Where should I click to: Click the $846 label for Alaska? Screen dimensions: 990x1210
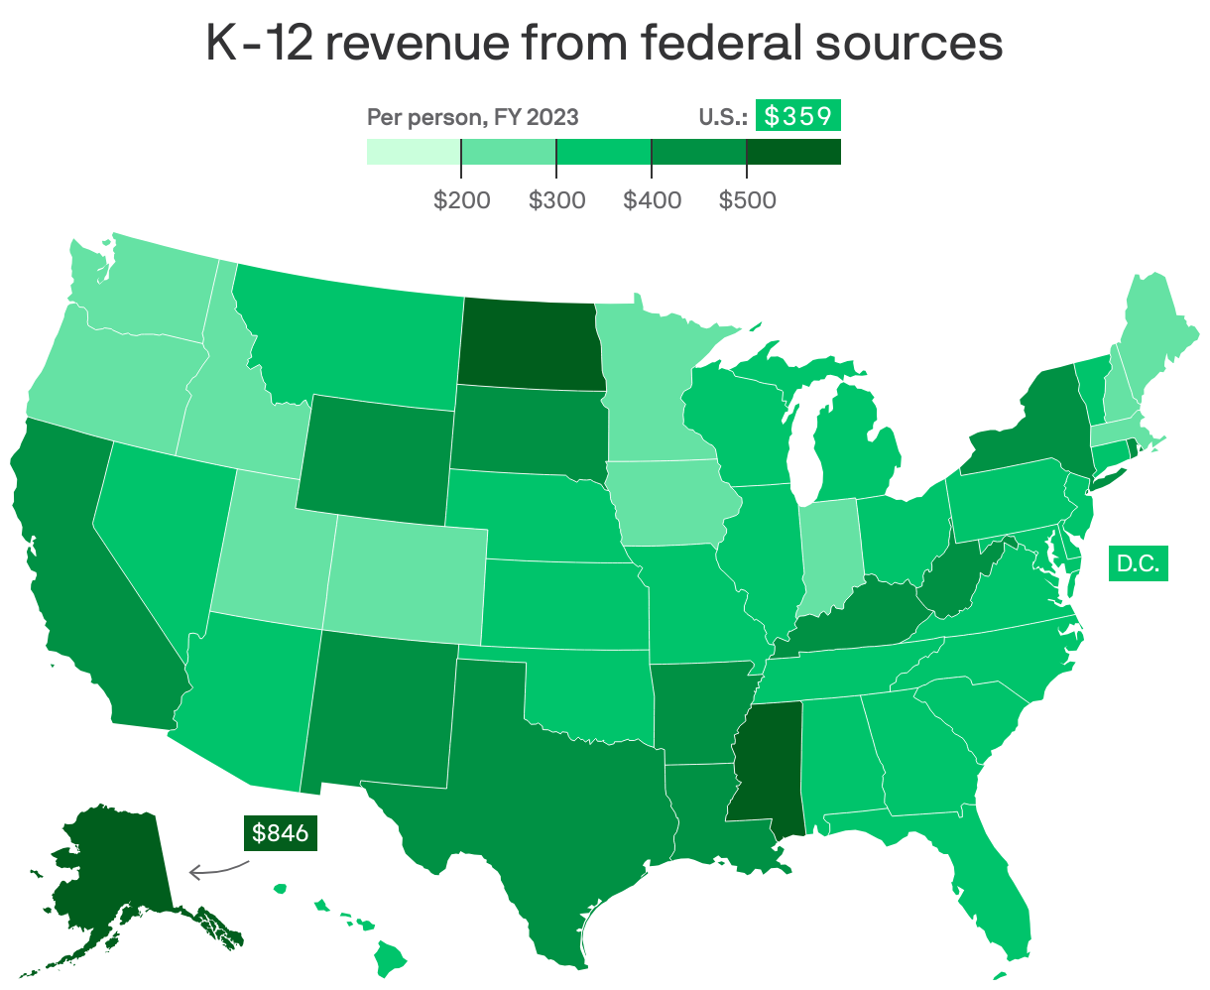[279, 833]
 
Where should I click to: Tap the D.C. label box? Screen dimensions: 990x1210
[1138, 563]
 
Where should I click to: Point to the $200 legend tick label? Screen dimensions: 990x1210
[461, 200]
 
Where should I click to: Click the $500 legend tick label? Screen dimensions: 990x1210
[747, 200]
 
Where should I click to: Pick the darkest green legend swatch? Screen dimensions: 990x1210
[792, 151]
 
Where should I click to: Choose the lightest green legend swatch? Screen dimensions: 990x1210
[414, 151]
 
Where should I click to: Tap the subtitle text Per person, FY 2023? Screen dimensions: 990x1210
[473, 117]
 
